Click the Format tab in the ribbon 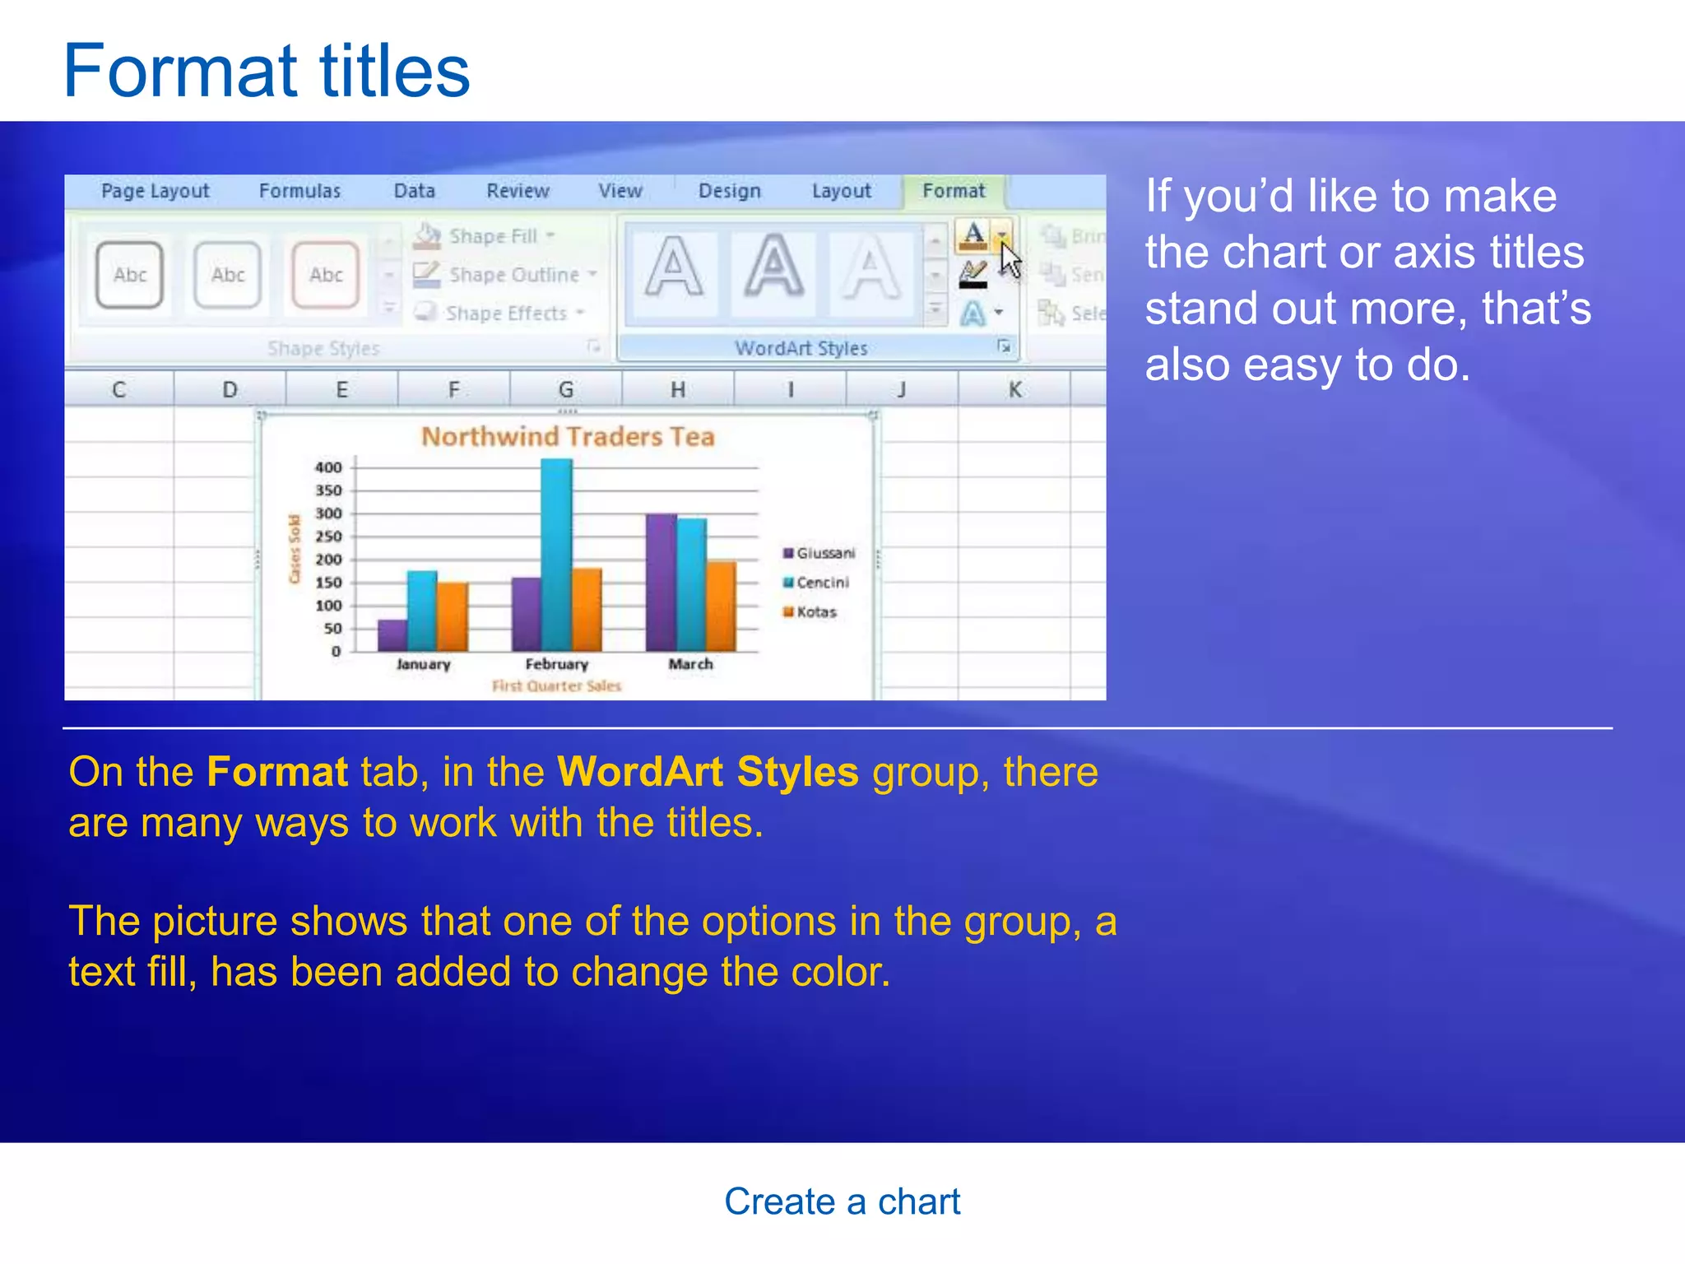[x=953, y=191]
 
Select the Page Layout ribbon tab [x=155, y=191]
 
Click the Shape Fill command [x=491, y=236]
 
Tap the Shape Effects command [x=505, y=314]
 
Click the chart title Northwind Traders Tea [x=568, y=436]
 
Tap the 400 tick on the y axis [x=328, y=467]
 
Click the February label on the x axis [x=557, y=664]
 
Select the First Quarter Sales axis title [x=557, y=686]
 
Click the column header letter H [x=677, y=389]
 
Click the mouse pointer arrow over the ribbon [x=1010, y=261]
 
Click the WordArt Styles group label [x=801, y=348]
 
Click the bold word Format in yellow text [x=277, y=772]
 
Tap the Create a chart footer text [x=842, y=1201]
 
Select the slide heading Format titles [x=267, y=72]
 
